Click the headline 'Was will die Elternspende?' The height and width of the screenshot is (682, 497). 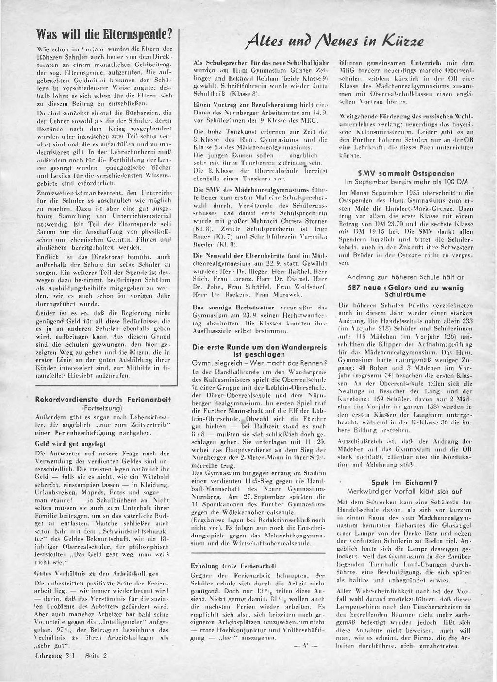(x=105, y=36)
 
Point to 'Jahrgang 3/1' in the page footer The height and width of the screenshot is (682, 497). (x=54, y=655)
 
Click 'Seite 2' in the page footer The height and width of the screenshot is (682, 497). (x=96, y=655)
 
